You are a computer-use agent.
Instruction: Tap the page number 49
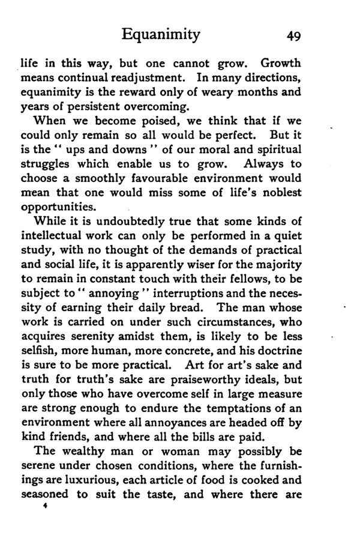293,35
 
